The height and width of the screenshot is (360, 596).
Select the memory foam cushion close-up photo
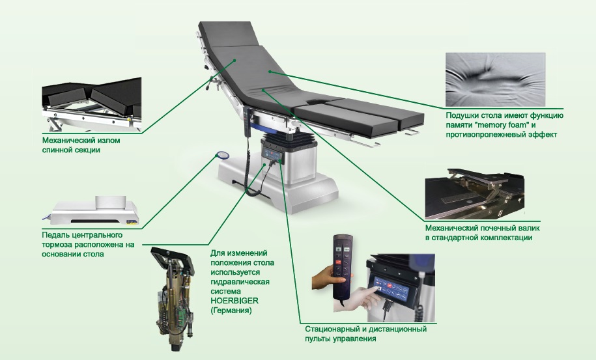(x=495, y=79)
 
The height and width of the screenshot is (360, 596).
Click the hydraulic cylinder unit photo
(x=173, y=298)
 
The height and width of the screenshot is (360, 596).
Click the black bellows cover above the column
(x=289, y=141)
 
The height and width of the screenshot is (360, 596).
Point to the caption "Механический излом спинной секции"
(x=81, y=145)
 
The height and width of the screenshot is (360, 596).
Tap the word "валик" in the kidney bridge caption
(x=528, y=228)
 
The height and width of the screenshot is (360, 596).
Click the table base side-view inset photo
(x=91, y=210)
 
